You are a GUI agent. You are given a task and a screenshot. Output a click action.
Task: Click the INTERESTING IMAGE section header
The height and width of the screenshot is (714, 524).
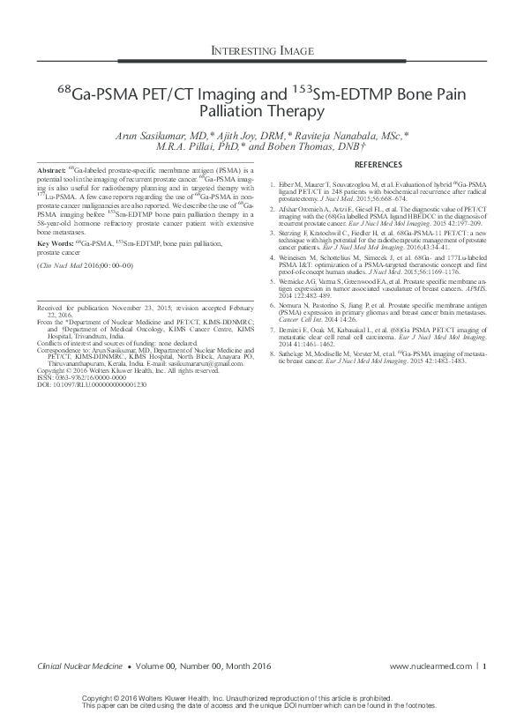261,52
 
